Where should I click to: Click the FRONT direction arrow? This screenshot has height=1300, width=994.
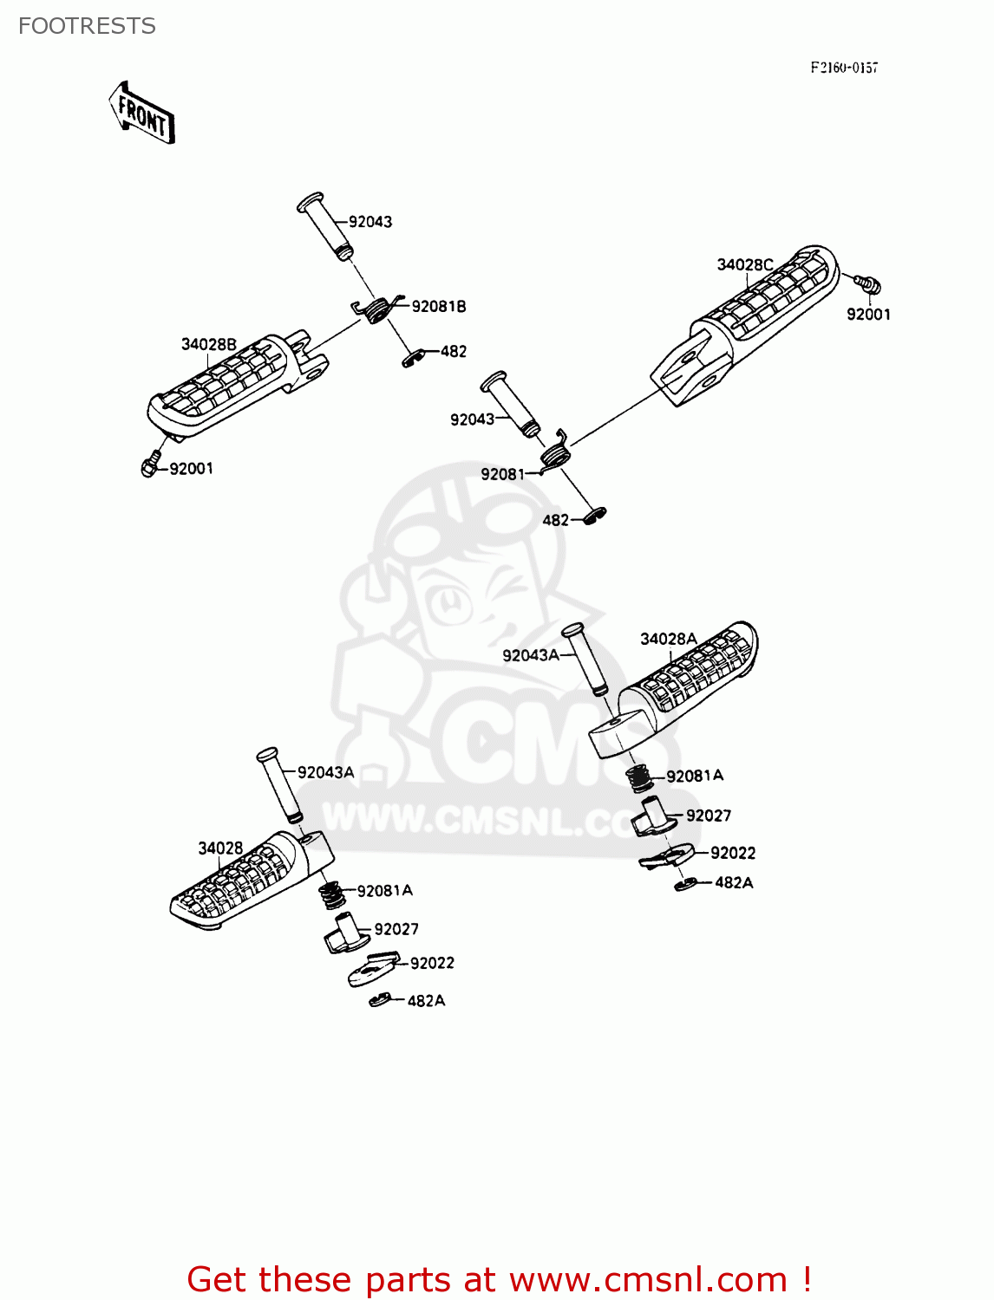[x=142, y=113]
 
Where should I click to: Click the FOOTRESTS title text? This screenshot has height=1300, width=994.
[x=87, y=26]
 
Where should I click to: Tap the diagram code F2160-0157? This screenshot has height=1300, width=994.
[x=843, y=68]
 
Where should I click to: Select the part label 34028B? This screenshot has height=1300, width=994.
[x=208, y=344]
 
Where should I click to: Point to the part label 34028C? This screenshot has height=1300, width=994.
[x=744, y=264]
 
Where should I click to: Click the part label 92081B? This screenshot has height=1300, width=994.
[x=438, y=306]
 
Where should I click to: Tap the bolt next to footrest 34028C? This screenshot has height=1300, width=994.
[x=866, y=283]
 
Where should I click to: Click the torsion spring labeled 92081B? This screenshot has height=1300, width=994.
[x=378, y=309]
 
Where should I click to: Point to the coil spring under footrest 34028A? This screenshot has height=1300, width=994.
[x=640, y=777]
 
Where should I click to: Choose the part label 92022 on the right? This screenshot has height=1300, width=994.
[x=732, y=853]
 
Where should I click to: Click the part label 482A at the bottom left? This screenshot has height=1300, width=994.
[x=426, y=1000]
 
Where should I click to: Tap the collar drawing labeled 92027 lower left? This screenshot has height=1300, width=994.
[x=344, y=934]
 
